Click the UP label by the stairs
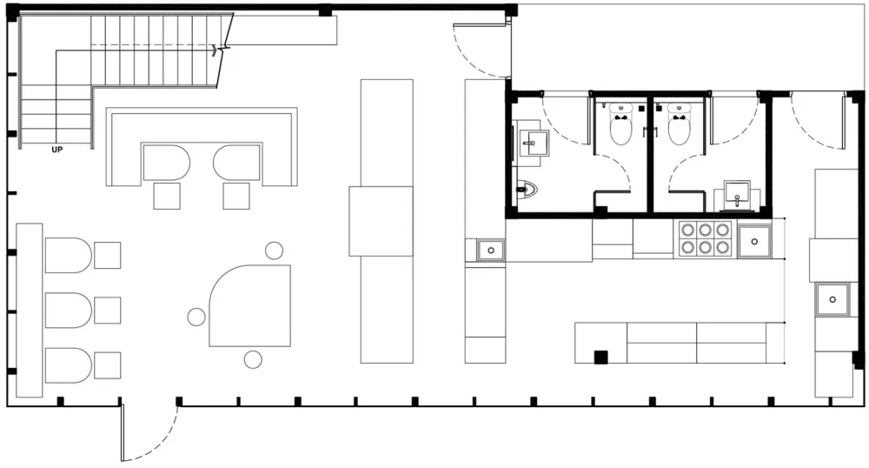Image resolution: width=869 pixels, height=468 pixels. pos(57,150)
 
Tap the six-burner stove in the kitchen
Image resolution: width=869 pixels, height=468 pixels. pos(705,238)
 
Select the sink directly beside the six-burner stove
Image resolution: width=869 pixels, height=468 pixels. pos(754,242)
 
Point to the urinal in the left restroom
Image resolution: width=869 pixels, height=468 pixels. pos(527,190)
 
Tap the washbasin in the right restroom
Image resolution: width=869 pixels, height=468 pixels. pos(737,195)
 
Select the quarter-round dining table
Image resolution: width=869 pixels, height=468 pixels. pos(250,305)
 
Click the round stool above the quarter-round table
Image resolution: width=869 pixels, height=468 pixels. pos(274,251)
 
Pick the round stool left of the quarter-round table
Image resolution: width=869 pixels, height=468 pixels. pos(196,317)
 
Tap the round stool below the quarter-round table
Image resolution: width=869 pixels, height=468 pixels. pos(253,360)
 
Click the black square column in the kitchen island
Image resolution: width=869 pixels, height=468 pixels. pos(600,358)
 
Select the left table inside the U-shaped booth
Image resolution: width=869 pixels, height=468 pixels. pos(166,163)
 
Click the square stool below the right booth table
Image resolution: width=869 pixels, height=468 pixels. pos(236,196)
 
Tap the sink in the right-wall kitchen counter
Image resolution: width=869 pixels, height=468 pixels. pos(833,299)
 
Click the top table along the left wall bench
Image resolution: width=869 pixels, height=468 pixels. pos(68,255)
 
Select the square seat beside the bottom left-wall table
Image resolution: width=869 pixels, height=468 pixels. pos(108,365)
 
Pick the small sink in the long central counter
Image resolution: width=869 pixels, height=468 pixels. pos(491,251)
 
